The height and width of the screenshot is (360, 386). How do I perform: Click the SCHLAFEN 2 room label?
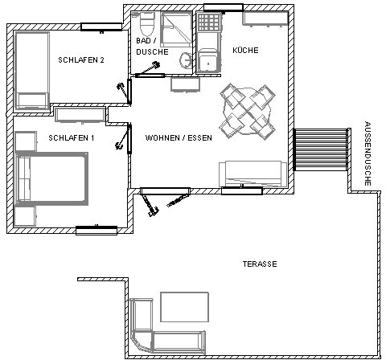pyautogui.click(x=81, y=60)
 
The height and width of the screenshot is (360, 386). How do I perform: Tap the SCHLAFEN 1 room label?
pyautogui.click(x=72, y=138)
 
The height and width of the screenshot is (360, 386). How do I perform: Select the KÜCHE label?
pyautogui.click(x=245, y=51)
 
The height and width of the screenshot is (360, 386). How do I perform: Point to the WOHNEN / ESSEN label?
pyautogui.click(x=179, y=138)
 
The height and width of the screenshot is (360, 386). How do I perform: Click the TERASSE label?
pyautogui.click(x=260, y=264)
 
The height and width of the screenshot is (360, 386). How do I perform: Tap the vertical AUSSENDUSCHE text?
pyautogui.click(x=368, y=153)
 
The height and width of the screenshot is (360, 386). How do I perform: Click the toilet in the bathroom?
pyautogui.click(x=147, y=23)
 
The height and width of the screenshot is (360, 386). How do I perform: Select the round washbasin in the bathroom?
pyautogui.click(x=185, y=59)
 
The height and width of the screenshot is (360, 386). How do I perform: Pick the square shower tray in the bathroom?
pyautogui.click(x=176, y=29)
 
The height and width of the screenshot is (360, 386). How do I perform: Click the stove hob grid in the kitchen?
pyautogui.click(x=209, y=22)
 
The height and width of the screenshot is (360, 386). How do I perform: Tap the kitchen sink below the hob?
pyautogui.click(x=208, y=60)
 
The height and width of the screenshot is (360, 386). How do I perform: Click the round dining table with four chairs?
pyautogui.click(x=248, y=112)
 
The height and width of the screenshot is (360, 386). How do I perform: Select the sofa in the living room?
pyautogui.click(x=253, y=174)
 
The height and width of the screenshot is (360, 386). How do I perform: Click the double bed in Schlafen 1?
pyautogui.click(x=51, y=178)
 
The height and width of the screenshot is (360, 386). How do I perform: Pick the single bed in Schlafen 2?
pyautogui.click(x=32, y=71)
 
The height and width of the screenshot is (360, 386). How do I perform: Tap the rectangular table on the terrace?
pyautogui.click(x=184, y=307)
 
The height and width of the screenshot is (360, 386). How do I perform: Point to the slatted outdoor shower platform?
pyautogui.click(x=321, y=149)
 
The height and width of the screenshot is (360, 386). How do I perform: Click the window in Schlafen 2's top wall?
pyautogui.click(x=101, y=27)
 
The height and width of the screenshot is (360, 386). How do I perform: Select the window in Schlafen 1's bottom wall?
pyautogui.click(x=96, y=231)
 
